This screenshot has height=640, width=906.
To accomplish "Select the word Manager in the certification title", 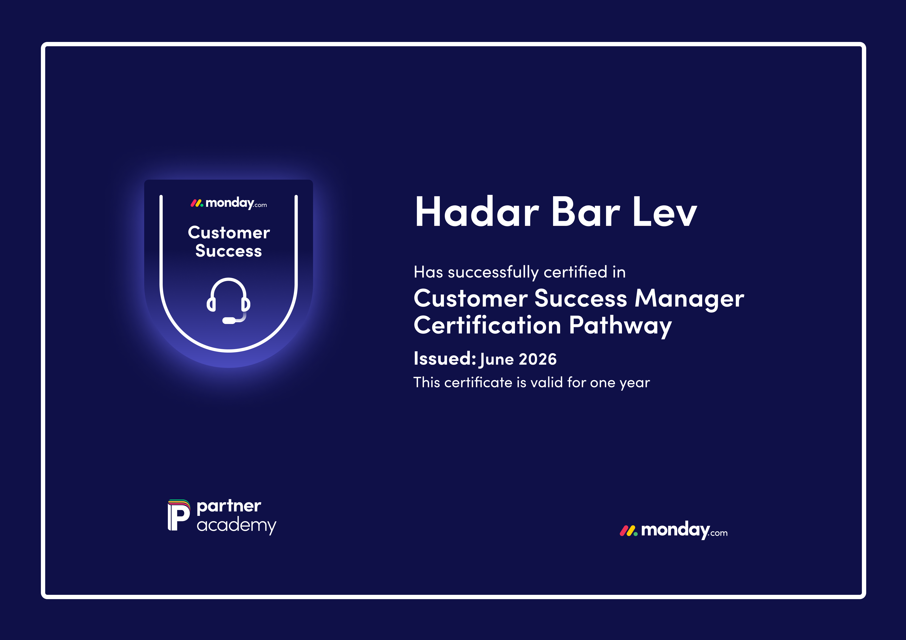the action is [689, 299].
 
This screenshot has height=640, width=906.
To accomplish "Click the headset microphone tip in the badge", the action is [229, 320].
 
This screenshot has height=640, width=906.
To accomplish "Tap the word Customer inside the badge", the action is [229, 233].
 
